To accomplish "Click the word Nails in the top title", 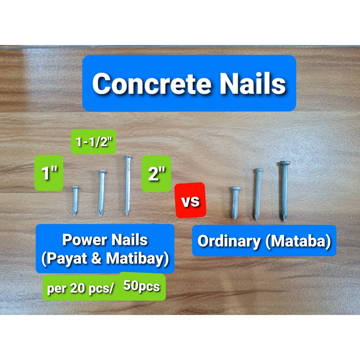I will pos(252,84).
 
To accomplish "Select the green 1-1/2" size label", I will pos(93,142).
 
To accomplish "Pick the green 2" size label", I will pos(156,174).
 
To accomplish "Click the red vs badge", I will pos(190,201).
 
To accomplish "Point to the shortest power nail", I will pos(75,200).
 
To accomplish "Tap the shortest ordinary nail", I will pos(236,203).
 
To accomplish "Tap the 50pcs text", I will pos(142,287).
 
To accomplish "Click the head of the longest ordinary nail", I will pos(285,163).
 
